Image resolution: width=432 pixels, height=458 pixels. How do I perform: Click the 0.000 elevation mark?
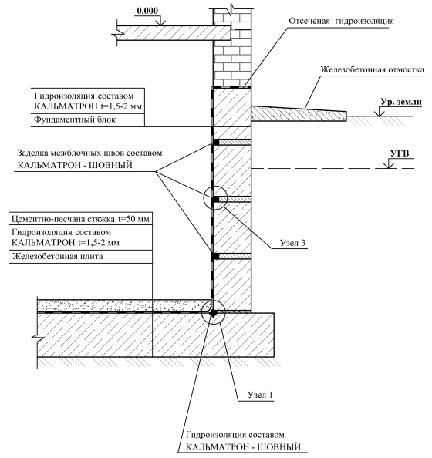(x=147, y=11)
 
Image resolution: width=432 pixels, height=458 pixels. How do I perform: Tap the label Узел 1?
(x=260, y=395)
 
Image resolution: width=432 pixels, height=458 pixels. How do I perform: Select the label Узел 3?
(x=292, y=243)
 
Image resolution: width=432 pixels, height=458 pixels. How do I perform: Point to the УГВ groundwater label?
(x=400, y=153)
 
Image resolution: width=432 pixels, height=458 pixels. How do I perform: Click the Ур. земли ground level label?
(x=401, y=102)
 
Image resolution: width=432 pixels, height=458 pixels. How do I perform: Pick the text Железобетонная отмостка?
(x=373, y=70)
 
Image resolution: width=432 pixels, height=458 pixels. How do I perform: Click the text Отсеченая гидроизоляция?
(x=342, y=21)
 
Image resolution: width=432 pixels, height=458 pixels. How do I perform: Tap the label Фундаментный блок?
(x=75, y=120)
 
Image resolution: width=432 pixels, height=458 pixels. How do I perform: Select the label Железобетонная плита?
(x=58, y=257)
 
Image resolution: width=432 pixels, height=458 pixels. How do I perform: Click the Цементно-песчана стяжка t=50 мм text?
(x=80, y=219)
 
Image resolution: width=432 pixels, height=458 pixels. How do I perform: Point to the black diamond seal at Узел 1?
(x=214, y=313)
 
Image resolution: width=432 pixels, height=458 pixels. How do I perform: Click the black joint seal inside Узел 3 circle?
(x=216, y=199)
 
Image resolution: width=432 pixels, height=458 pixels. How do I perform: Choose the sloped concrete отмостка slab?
(x=299, y=114)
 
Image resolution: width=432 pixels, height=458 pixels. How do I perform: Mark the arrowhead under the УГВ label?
(x=389, y=166)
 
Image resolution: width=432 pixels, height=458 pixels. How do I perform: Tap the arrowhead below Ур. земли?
(x=380, y=113)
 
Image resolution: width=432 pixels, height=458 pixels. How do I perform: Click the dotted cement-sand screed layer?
(x=123, y=305)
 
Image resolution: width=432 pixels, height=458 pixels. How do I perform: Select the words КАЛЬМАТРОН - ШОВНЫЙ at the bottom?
(x=244, y=447)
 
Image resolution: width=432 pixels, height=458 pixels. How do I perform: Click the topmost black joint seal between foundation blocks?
(x=216, y=142)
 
